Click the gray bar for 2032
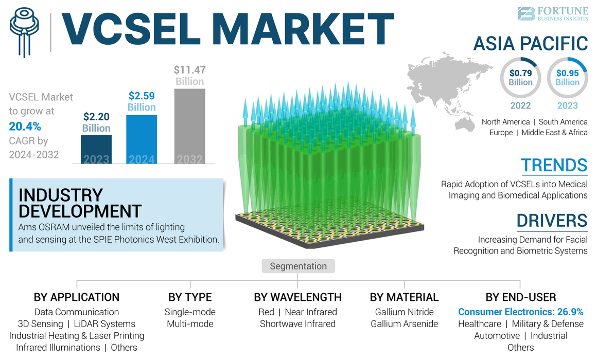[x=189, y=126]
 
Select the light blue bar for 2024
[x=142, y=139]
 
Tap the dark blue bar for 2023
[x=96, y=149]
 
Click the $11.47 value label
[x=189, y=70]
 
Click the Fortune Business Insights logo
[x=552, y=14]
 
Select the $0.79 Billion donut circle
[x=520, y=78]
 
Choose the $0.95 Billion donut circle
[x=567, y=78]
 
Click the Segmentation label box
[x=298, y=266]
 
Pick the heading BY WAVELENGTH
[x=297, y=297]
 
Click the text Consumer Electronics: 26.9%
[x=520, y=312]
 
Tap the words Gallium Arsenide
[x=404, y=324]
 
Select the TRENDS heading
[x=554, y=166]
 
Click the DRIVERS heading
[x=552, y=221]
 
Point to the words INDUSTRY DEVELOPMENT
[x=80, y=203]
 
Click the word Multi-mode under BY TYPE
[x=189, y=324]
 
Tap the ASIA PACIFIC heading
[x=530, y=44]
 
